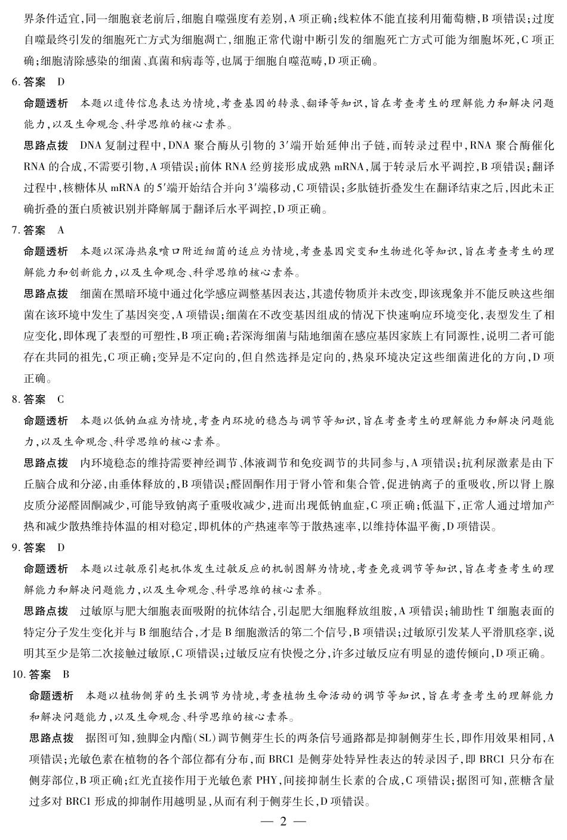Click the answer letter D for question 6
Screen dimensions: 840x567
click(x=61, y=81)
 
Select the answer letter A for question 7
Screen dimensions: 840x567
click(x=61, y=230)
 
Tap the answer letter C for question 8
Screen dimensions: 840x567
click(x=61, y=399)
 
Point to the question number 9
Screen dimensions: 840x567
click(x=15, y=547)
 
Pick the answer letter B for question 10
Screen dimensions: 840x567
click(x=66, y=675)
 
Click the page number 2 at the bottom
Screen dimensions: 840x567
click(x=283, y=821)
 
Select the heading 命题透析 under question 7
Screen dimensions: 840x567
click(x=46, y=251)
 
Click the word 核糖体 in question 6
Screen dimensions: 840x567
click(x=90, y=187)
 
